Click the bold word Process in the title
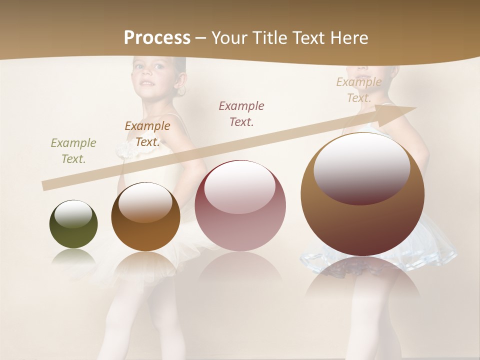(157, 38)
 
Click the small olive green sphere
(73, 224)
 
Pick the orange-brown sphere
(145, 217)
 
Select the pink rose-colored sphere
(240, 205)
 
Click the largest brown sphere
(362, 194)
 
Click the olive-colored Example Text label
(73, 151)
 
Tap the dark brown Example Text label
(147, 134)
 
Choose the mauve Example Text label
(241, 113)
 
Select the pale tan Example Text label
(358, 90)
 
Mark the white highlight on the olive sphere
(73, 214)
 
